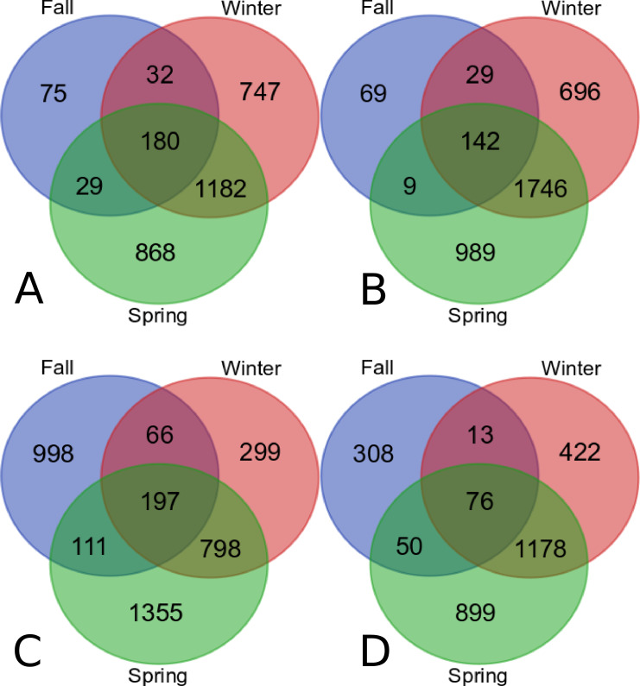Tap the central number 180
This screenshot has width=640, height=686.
pyautogui.click(x=160, y=142)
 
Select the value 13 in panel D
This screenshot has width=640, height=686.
pyautogui.click(x=479, y=434)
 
